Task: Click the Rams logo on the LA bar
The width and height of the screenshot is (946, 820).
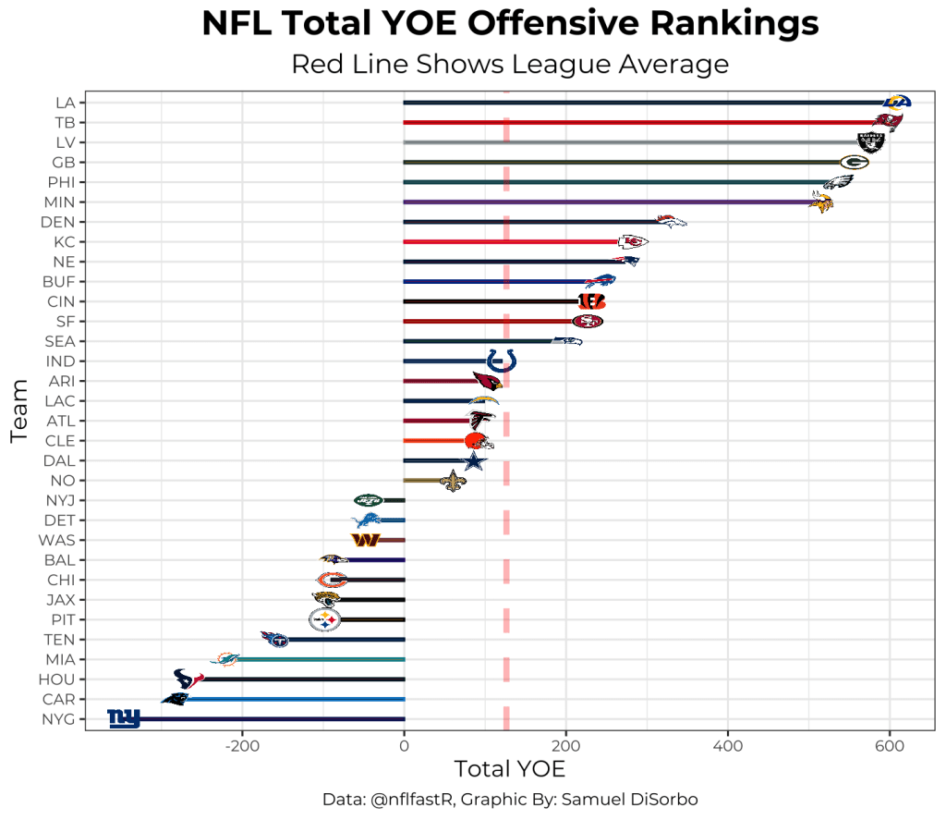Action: [897, 102]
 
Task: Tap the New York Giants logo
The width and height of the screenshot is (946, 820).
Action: [124, 718]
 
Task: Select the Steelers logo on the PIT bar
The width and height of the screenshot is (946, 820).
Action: [324, 619]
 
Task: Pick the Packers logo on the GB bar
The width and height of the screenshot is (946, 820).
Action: [854, 162]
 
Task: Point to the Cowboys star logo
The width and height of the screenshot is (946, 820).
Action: [473, 460]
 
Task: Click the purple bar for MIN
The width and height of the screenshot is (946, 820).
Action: [600, 202]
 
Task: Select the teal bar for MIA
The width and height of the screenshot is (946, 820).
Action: [323, 659]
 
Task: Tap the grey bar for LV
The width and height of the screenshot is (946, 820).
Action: [628, 142]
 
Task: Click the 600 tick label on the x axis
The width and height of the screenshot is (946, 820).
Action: [890, 746]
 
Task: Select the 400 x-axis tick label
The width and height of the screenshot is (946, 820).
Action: [728, 746]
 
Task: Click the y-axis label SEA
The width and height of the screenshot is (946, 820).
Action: [59, 341]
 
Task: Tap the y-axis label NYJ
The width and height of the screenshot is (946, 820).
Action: [59, 500]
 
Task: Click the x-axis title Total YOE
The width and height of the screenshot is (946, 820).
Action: [509, 769]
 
